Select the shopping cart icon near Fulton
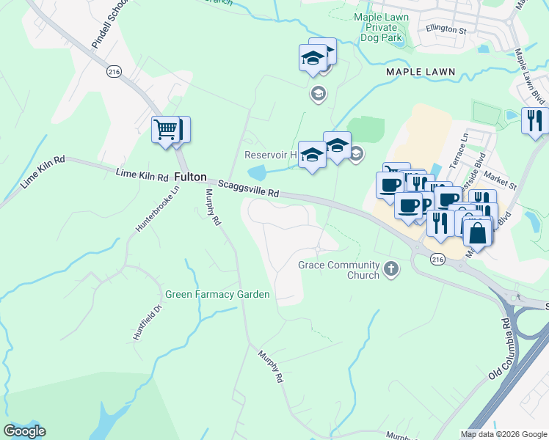click(x=167, y=130)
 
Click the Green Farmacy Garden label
click(x=217, y=294)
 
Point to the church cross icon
click(x=391, y=269)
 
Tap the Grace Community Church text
click(x=338, y=270)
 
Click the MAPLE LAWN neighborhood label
click(x=421, y=72)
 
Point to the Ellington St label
click(x=446, y=30)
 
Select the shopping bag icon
click(x=478, y=233)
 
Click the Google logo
click(x=24, y=431)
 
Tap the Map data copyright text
click(x=503, y=434)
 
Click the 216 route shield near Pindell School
click(x=113, y=70)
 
